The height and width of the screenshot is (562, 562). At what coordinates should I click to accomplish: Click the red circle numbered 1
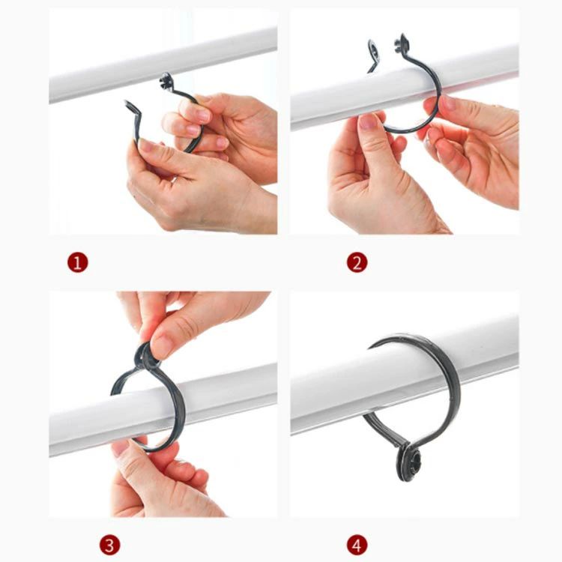point(77,262)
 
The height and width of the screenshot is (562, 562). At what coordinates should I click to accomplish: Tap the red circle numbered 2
point(357,262)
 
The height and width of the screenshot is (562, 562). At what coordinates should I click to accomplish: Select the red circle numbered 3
point(109,546)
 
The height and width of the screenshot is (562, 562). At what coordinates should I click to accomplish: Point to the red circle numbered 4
point(357,546)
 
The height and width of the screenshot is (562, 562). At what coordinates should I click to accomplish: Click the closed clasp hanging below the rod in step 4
point(408,462)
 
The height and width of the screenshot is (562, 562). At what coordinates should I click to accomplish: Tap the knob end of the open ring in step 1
point(166,81)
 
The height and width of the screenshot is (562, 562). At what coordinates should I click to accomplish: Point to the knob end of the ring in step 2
point(402,42)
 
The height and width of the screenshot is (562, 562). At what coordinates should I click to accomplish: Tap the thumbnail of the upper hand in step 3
point(162,346)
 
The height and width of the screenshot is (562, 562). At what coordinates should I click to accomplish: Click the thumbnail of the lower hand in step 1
point(147,145)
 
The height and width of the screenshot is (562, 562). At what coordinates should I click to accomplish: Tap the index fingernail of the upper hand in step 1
point(202,115)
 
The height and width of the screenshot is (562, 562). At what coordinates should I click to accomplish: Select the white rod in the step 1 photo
point(163,64)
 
